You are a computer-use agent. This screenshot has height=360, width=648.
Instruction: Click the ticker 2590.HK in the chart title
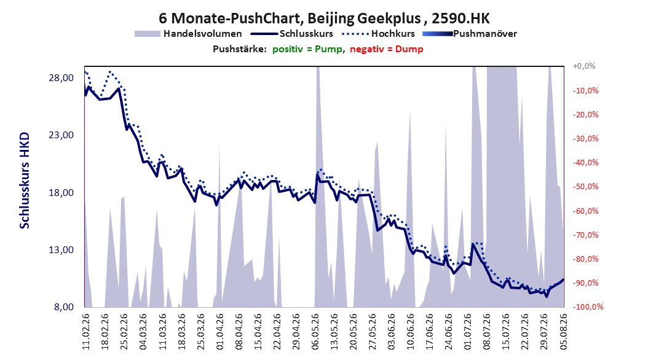pyautogui.click(x=460, y=18)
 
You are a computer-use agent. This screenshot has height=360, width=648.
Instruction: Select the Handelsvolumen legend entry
pyautogui.click(x=189, y=34)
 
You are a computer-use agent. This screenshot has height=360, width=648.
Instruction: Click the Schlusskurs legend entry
pyautogui.click(x=292, y=34)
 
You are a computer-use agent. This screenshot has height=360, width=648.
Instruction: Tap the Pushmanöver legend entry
pyautogui.click(x=470, y=34)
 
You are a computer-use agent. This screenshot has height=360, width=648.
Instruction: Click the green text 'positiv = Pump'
pyautogui.click(x=307, y=49)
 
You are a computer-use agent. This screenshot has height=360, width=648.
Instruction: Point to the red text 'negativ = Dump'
pyautogui.click(x=387, y=49)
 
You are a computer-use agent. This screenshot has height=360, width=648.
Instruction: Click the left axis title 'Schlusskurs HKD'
pyautogui.click(x=25, y=181)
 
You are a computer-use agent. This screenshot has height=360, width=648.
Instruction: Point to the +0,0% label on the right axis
pyautogui.click(x=584, y=66)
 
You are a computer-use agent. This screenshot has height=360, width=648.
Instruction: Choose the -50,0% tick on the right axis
pyautogui.click(x=585, y=187)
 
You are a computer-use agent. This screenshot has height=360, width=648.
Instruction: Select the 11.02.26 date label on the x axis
pyautogui.click(x=86, y=332)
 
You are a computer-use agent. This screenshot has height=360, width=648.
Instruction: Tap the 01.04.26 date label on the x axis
pyautogui.click(x=220, y=332)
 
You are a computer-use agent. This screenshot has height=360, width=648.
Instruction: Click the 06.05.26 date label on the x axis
pyautogui.click(x=315, y=332)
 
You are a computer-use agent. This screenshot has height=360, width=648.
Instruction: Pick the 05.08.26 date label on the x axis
pyautogui.click(x=563, y=332)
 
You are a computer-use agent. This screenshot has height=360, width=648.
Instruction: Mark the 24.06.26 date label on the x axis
pyautogui.click(x=449, y=332)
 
